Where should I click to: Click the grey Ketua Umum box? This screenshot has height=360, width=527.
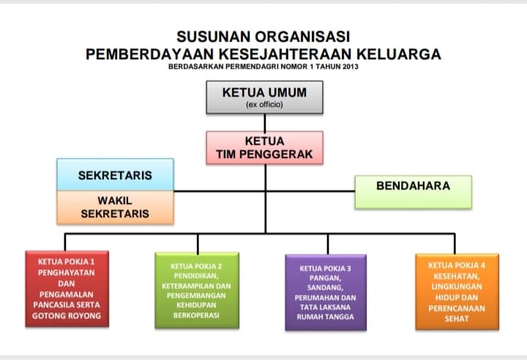point(264,97)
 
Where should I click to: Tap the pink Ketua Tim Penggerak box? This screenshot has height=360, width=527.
point(264,148)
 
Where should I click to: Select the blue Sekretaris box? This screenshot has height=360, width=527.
point(116,175)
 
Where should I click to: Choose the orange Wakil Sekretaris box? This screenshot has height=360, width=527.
point(116,207)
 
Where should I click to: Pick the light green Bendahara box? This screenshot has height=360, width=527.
point(414,192)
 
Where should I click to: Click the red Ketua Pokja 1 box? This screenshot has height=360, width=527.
point(67,289)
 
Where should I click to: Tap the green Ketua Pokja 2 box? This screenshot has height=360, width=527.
point(197,290)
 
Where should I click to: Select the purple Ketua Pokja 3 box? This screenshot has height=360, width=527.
point(326,293)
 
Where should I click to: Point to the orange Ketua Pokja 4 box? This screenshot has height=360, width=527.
point(457,292)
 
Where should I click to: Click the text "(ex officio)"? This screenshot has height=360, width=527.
point(264,105)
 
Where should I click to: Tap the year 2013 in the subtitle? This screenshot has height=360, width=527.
point(351,67)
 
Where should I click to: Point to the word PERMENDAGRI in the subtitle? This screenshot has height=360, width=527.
point(252,67)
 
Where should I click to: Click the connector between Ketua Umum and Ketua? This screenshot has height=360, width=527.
point(265,122)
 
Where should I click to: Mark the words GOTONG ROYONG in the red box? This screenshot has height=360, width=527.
point(67,316)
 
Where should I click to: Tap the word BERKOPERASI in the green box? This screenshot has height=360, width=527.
point(197,315)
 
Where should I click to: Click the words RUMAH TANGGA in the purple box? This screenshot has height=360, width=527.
point(325,317)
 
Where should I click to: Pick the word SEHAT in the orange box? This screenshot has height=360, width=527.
point(457,318)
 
